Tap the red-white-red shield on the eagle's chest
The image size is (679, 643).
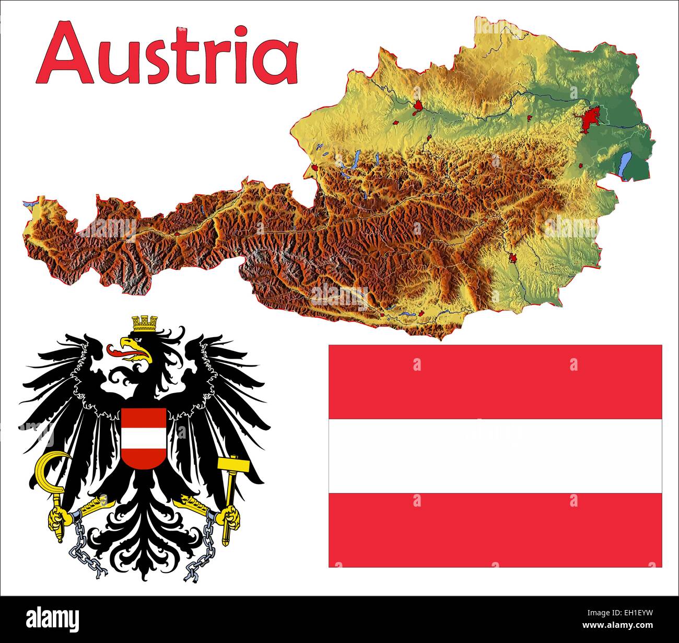point(144,438)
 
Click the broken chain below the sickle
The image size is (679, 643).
point(84,549)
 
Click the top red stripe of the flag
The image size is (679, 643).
point(495,382)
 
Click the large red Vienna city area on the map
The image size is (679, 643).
point(592,119)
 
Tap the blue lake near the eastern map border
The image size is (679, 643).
point(625,165)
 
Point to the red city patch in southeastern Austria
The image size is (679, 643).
point(513,258)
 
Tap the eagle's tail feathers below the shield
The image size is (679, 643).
point(144,528)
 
